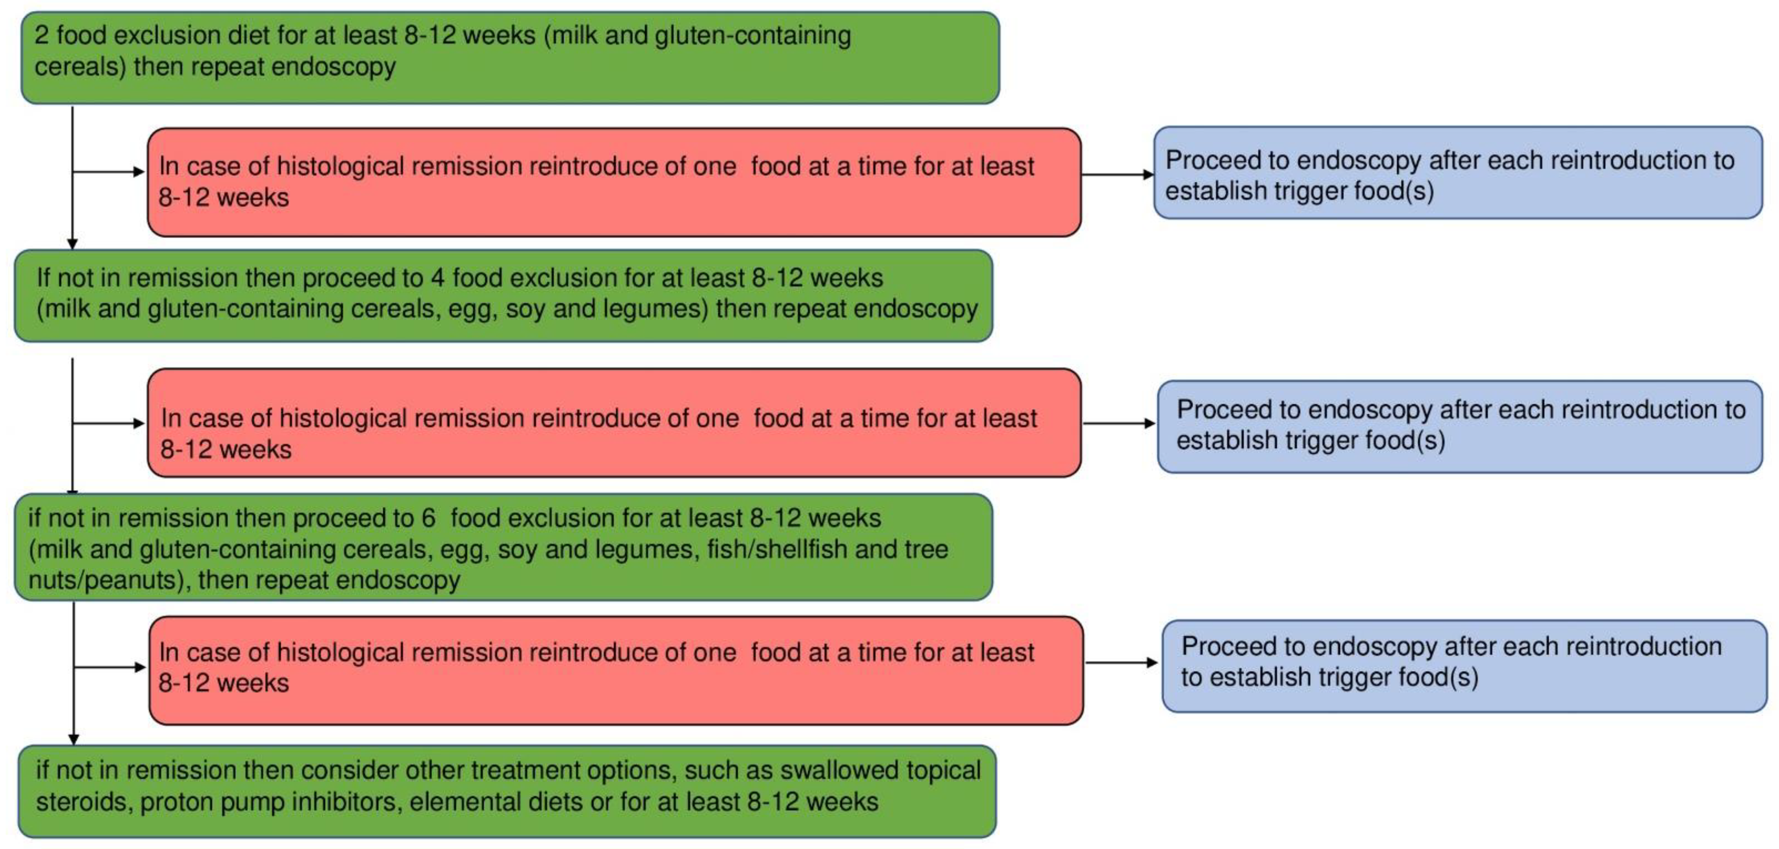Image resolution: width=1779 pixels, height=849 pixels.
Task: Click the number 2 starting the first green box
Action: click(41, 35)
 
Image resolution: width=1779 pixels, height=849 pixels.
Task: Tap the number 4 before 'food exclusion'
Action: click(437, 278)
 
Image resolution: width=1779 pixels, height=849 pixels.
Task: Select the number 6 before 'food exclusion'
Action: click(428, 518)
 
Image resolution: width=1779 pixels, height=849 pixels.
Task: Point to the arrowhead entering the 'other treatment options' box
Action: click(74, 739)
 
